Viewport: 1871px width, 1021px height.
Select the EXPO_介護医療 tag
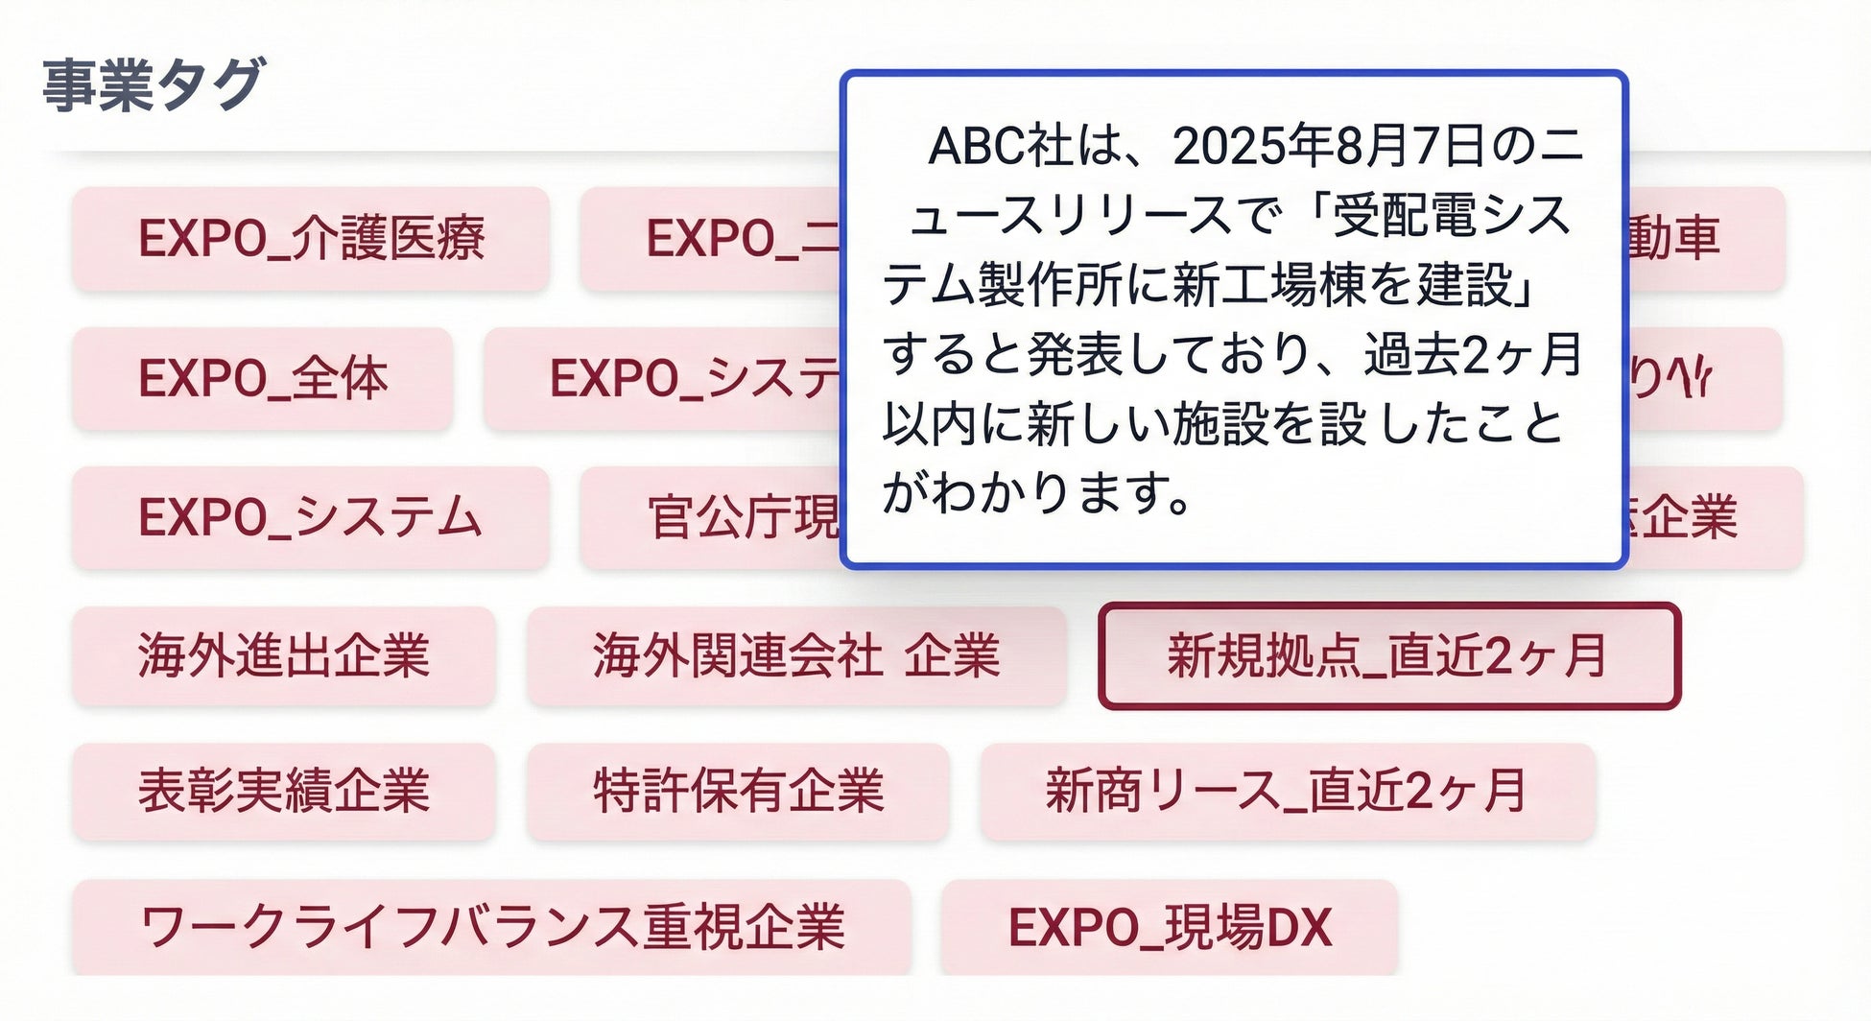(311, 239)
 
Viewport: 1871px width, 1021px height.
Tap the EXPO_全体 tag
(262, 379)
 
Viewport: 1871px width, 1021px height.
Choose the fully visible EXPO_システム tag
(311, 518)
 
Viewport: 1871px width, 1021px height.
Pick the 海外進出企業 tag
(284, 656)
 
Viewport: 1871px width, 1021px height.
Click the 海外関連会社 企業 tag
(796, 656)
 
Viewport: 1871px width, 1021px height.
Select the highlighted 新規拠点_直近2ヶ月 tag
(1388, 656)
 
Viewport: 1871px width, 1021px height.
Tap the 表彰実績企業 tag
(284, 792)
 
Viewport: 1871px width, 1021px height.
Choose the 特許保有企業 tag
(738, 792)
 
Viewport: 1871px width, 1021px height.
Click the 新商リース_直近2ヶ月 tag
(1287, 792)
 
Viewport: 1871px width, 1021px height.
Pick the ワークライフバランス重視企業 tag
(491, 928)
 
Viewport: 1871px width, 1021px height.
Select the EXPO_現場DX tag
(1169, 928)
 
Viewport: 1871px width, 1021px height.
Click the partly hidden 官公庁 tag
(711, 518)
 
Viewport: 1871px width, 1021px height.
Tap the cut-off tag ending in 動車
(1704, 239)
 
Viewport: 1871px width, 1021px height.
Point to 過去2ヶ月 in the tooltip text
(1473, 355)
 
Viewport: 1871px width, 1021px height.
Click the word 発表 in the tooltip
(1075, 355)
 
